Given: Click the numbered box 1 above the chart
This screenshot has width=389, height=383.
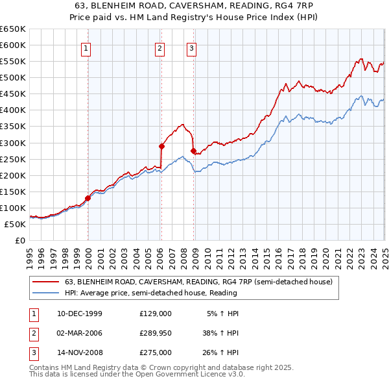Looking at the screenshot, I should click(x=86, y=47).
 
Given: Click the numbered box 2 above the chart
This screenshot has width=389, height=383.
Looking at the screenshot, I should click(x=160, y=47).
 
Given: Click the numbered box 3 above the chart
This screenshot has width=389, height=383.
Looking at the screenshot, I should click(x=192, y=47).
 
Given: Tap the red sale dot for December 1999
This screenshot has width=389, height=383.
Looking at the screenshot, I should click(x=88, y=198).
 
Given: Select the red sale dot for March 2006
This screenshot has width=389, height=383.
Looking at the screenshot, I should click(x=161, y=146).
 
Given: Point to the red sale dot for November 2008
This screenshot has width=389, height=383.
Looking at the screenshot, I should click(x=193, y=151).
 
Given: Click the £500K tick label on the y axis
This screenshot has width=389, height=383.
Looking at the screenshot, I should click(x=13, y=78).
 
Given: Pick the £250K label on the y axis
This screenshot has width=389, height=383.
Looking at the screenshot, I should click(x=13, y=159).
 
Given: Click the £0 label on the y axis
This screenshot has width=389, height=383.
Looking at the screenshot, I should click(x=19, y=240).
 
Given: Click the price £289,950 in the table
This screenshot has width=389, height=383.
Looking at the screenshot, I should click(x=156, y=333).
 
